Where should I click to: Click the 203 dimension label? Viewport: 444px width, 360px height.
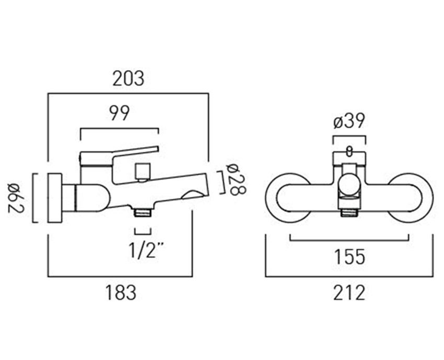[128, 78]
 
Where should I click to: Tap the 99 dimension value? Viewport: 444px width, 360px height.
[119, 113]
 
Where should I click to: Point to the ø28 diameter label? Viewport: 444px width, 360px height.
[236, 179]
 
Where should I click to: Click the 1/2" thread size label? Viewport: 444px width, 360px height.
[144, 250]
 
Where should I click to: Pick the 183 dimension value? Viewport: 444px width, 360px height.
[120, 292]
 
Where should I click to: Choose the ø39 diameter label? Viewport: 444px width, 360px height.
[349, 122]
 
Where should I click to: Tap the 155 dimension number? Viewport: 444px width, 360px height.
[349, 256]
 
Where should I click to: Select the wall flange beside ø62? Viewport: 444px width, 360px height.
[54, 198]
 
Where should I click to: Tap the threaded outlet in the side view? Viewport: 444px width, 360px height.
[143, 212]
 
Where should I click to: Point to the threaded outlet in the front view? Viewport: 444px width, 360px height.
[349, 212]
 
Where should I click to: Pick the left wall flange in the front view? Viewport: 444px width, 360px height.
[287, 197]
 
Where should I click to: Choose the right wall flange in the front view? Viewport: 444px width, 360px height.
[411, 197]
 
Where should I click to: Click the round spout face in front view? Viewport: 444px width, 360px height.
[349, 185]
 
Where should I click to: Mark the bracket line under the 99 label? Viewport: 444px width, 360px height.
[119, 128]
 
